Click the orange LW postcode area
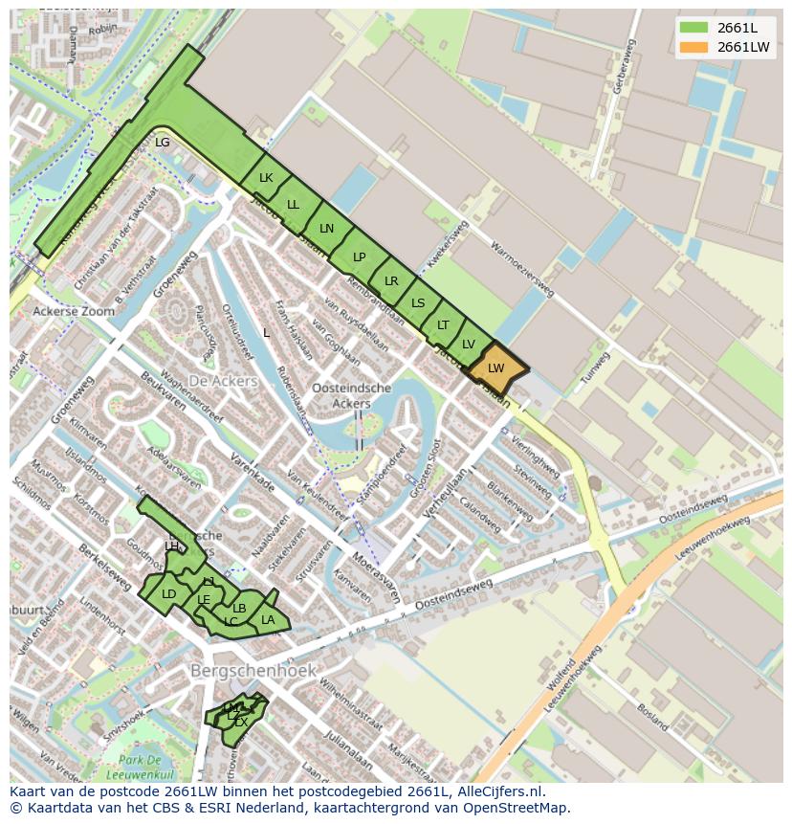[495, 368]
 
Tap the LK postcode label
[266, 178]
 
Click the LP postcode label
[359, 256]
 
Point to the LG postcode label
[163, 143]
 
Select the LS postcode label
[418, 303]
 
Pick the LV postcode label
[469, 345]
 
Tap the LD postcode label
[169, 593]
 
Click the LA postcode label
[268, 620]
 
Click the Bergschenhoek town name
[253, 671]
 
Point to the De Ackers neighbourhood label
[223, 381]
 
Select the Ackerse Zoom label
[73, 311]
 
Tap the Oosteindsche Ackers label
[352, 395]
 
